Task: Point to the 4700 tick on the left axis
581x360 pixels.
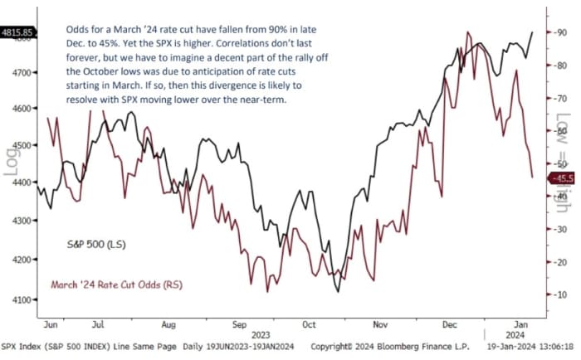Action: [20, 73]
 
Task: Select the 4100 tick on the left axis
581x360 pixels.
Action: [20, 299]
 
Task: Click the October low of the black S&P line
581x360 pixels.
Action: [337, 291]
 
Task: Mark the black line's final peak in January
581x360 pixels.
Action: [532, 32]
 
